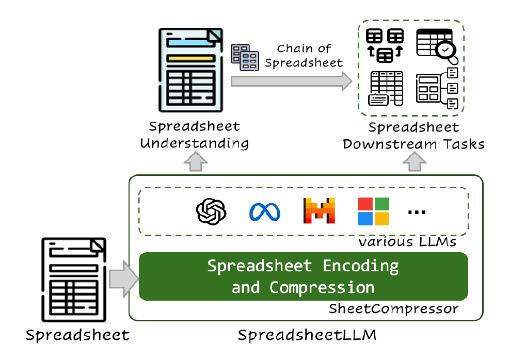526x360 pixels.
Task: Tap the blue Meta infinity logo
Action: pyautogui.click(x=264, y=212)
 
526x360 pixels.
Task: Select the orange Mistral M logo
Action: pyautogui.click(x=318, y=211)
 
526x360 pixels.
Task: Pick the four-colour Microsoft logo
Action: pyautogui.click(x=373, y=211)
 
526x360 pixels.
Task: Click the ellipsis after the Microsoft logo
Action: pyautogui.click(x=417, y=212)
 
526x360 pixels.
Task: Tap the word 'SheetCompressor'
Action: pyautogui.click(x=393, y=309)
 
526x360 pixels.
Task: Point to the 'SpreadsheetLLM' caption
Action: pyautogui.click(x=307, y=336)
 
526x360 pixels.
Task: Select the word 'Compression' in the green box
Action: pyautogui.click(x=322, y=287)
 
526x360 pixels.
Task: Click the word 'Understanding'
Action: pyautogui.click(x=194, y=143)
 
